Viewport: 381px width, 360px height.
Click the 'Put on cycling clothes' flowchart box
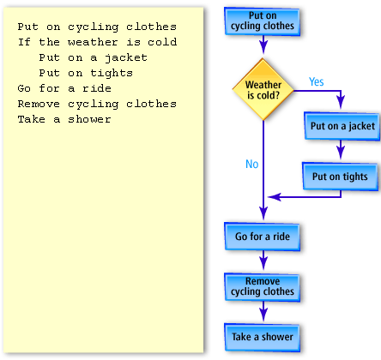click(x=262, y=21)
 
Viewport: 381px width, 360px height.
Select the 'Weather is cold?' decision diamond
click(x=263, y=90)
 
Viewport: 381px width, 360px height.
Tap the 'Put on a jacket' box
click(x=342, y=126)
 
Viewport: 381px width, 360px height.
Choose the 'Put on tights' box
click(x=339, y=177)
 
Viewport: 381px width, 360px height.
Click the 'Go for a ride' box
click(x=262, y=236)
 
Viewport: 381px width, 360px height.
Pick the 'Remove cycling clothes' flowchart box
click(x=262, y=286)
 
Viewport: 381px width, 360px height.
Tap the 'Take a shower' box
click(x=262, y=337)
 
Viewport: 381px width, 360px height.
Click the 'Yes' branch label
click(x=316, y=82)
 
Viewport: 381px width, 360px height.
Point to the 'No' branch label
click(x=251, y=164)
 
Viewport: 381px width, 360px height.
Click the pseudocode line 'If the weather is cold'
click(x=97, y=42)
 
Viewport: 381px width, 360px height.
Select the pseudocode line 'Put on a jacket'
click(x=93, y=57)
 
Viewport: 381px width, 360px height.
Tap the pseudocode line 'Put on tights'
click(x=86, y=73)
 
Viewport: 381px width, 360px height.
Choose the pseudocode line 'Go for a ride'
click(x=64, y=88)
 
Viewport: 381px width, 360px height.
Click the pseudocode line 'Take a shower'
click(x=64, y=119)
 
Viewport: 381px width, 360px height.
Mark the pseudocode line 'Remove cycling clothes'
click(x=96, y=104)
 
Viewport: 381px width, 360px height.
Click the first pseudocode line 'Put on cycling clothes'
click(x=96, y=27)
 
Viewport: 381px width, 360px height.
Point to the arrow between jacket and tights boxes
click(x=341, y=151)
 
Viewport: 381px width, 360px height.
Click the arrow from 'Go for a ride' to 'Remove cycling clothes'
click(x=263, y=261)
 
